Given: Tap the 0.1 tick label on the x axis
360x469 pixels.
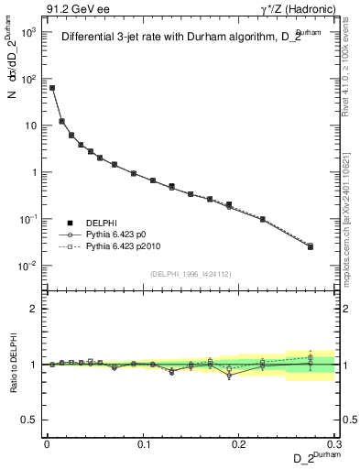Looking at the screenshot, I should pos(143,443).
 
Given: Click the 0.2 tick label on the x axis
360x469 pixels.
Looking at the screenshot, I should pos(239,443).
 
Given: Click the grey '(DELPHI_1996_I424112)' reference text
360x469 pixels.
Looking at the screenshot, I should pos(188,274).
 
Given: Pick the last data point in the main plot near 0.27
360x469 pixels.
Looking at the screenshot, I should pos(311,246).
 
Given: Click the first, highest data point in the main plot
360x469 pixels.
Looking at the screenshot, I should pos(52,88).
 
